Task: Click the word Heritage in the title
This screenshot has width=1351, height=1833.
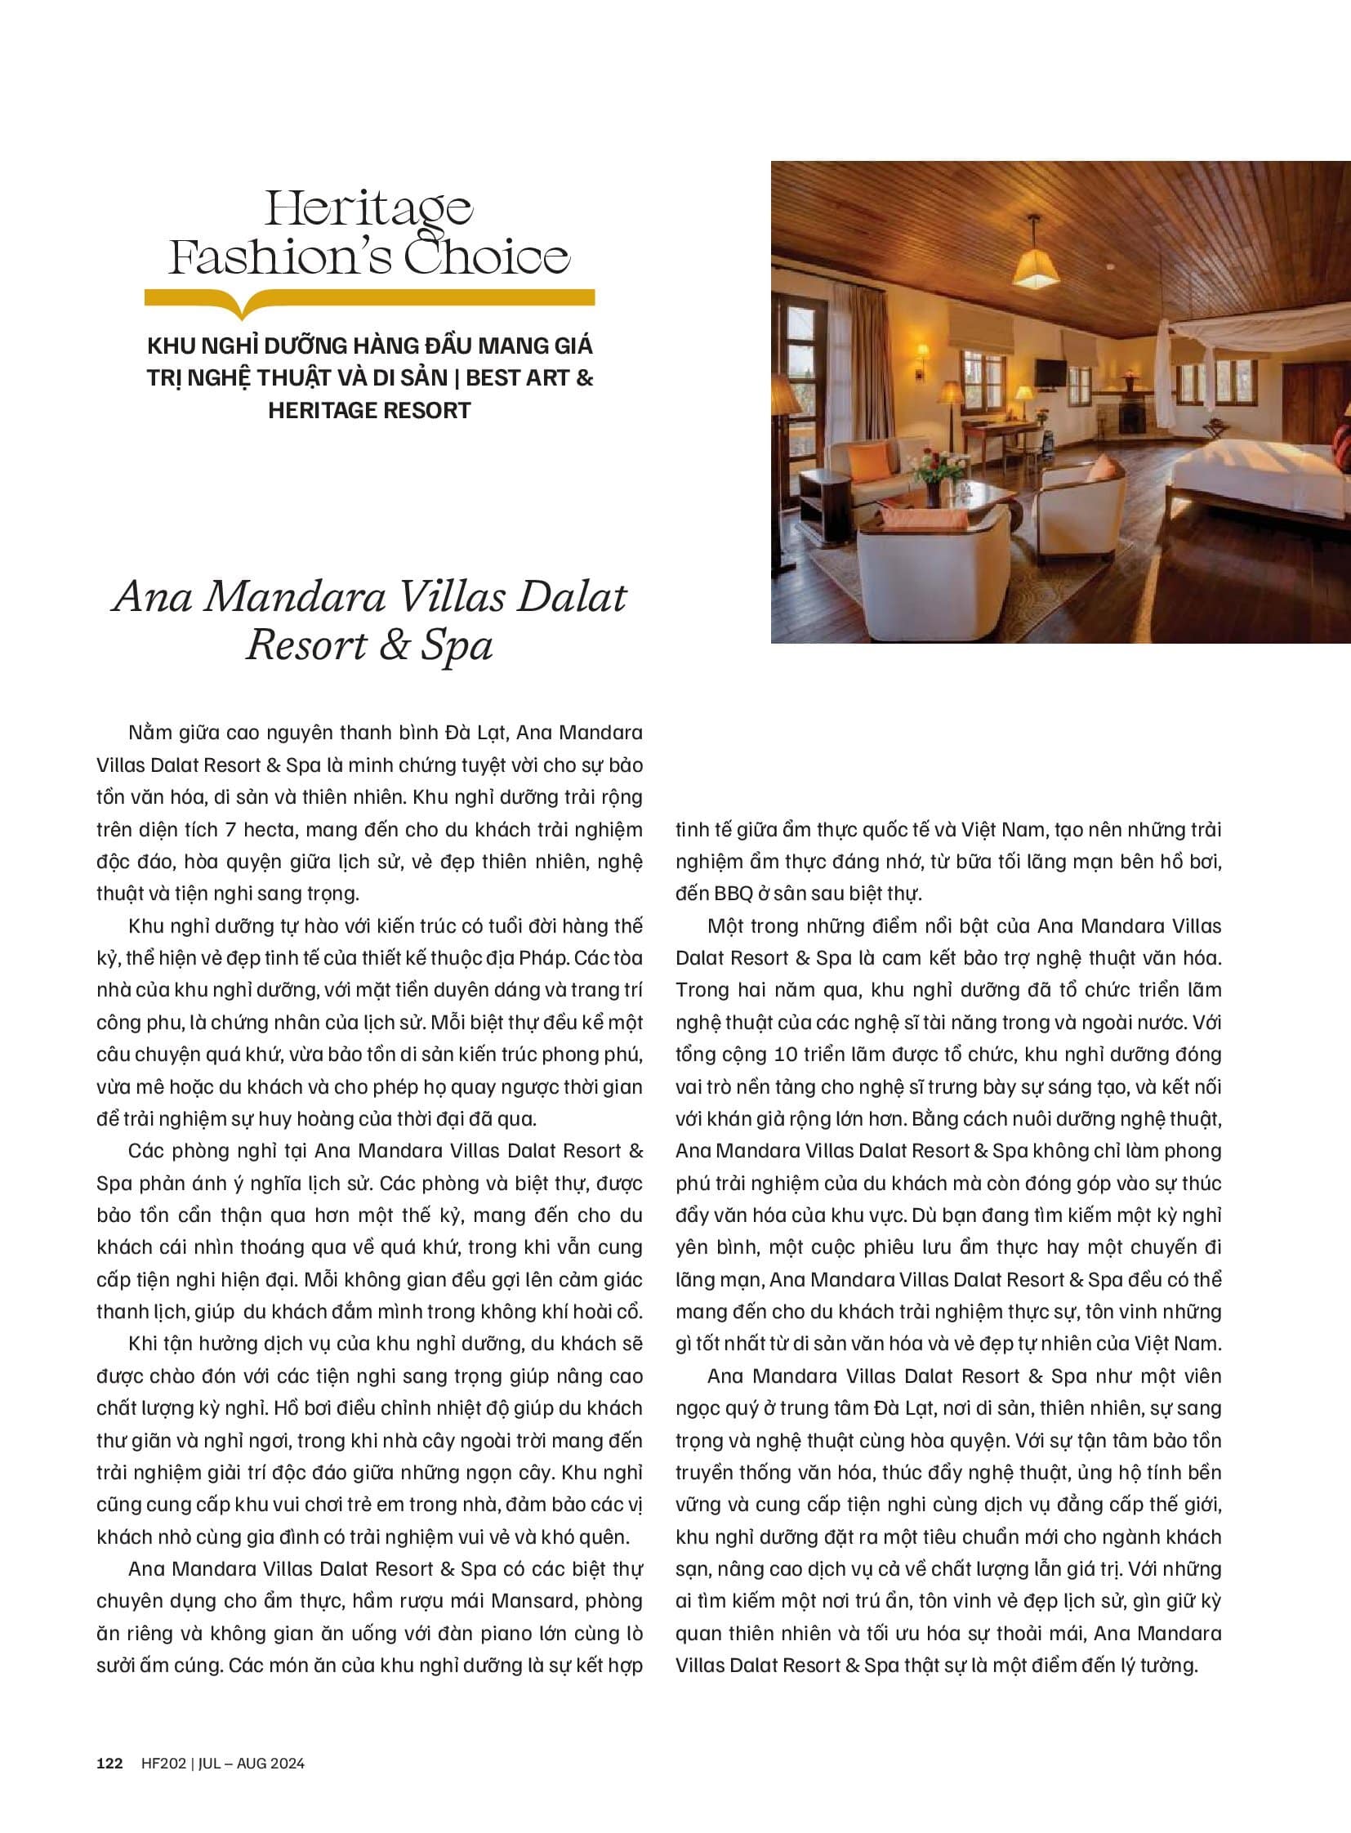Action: pos(369,208)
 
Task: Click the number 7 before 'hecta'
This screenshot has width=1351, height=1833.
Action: pos(230,829)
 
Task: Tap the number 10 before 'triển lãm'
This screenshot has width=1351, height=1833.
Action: pos(784,1055)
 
